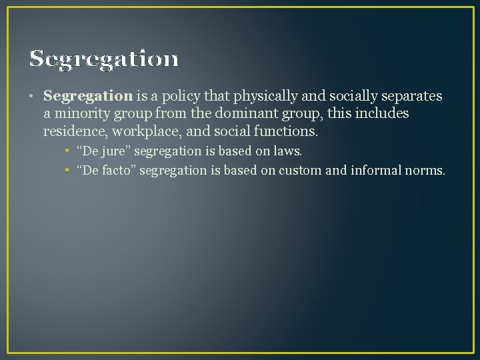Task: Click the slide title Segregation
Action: (104, 59)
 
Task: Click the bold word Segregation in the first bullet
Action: (88, 96)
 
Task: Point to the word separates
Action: (411, 96)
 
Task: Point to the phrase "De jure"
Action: (104, 151)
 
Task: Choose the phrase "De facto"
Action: (107, 170)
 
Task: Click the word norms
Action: (425, 170)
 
